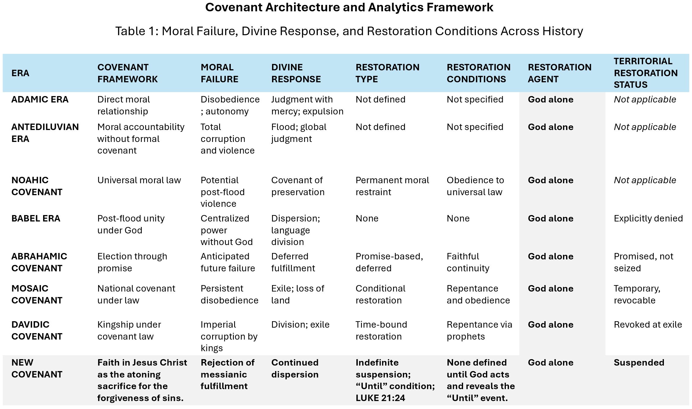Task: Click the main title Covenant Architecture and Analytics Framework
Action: click(x=349, y=8)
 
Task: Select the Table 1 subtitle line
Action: click(x=349, y=31)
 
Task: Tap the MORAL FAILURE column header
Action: click(x=219, y=73)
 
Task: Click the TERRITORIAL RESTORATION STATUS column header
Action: click(x=645, y=73)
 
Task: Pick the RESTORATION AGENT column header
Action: click(x=559, y=73)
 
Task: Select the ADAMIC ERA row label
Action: click(x=40, y=100)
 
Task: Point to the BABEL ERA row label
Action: click(x=36, y=219)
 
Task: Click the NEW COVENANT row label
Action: click(x=37, y=369)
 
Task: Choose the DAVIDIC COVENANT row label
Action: click(x=37, y=331)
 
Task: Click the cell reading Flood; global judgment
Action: click(x=299, y=133)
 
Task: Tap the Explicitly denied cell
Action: click(x=648, y=219)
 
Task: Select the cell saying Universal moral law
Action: click(x=139, y=180)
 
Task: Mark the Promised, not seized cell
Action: click(x=643, y=262)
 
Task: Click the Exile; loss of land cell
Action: click(x=297, y=295)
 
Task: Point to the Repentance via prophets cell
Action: click(x=479, y=331)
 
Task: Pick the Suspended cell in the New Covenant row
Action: click(x=639, y=363)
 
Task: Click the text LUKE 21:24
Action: click(x=380, y=398)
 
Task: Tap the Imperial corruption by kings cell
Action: click(x=229, y=336)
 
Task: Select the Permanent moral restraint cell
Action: click(x=392, y=186)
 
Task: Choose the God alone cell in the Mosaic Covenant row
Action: click(x=550, y=289)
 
